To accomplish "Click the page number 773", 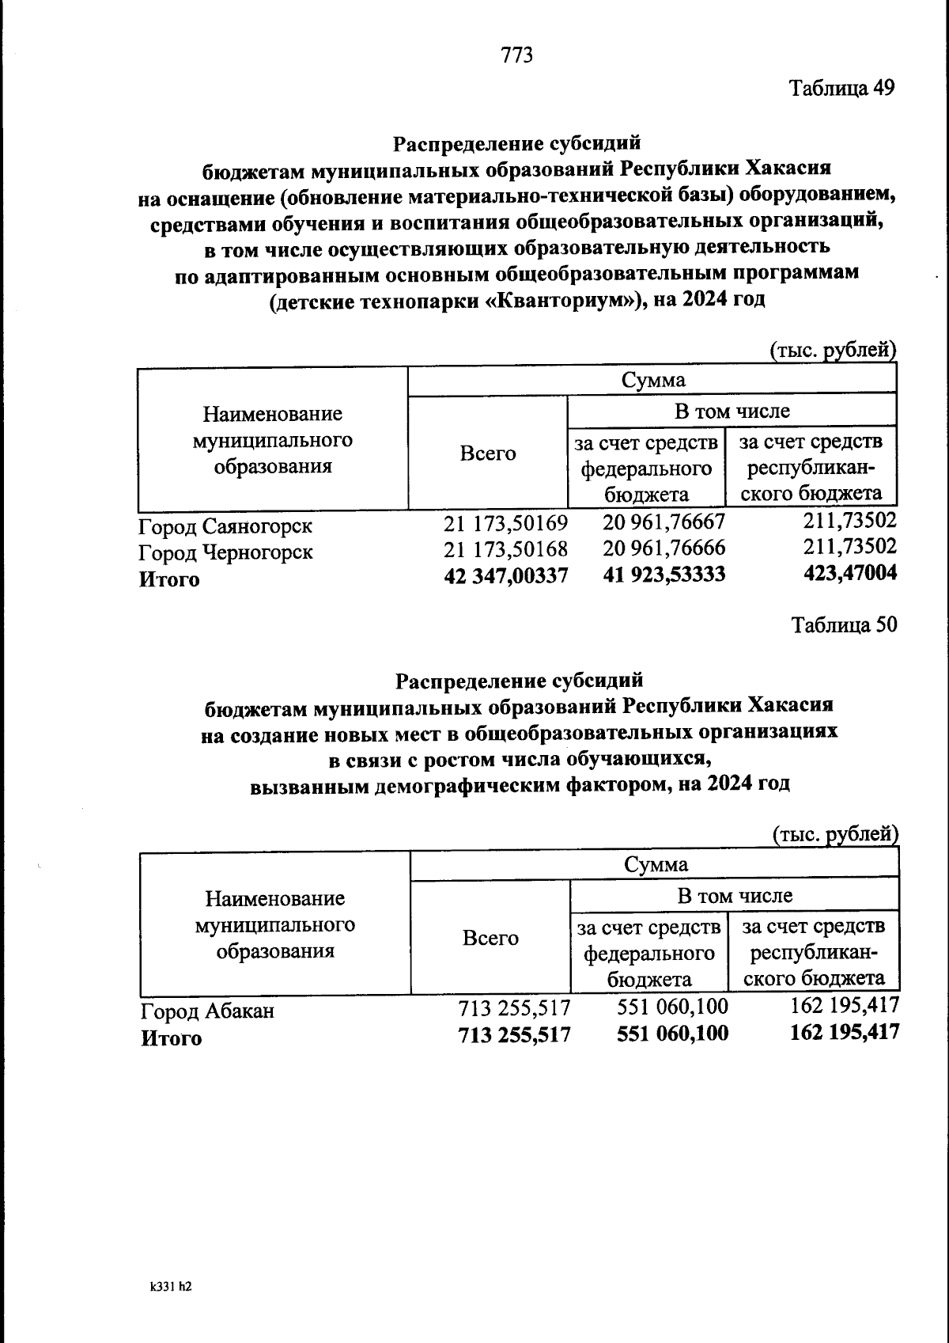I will tap(517, 55).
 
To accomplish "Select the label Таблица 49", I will tap(842, 88).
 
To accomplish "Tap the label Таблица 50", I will tap(844, 625).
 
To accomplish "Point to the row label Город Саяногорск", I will tap(225, 525).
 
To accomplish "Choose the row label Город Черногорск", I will tap(225, 552).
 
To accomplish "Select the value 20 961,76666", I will tap(664, 548).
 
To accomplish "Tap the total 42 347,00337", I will tap(505, 576).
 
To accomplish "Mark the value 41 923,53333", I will tap(664, 575).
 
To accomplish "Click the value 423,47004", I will tap(849, 573).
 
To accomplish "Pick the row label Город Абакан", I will tap(207, 1011).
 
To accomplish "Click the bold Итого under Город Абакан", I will tap(171, 1038).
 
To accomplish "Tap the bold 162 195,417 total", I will tap(845, 1032).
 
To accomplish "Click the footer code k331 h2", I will tap(171, 1288).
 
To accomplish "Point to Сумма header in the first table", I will tap(652, 380).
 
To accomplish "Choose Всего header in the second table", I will tap(490, 938).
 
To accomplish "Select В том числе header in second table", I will tap(734, 896).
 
